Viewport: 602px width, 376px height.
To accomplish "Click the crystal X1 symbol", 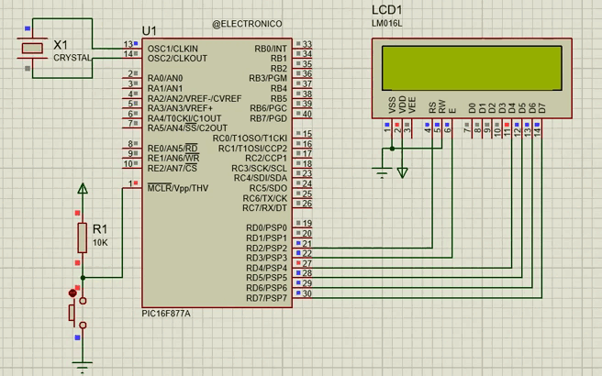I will click(x=33, y=49).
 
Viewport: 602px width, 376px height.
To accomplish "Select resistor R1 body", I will click(x=84, y=236).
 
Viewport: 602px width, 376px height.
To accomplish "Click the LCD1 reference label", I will click(x=387, y=10).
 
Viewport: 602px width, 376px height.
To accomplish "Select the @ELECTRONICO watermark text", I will click(x=247, y=23).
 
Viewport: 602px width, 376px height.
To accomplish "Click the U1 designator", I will click(x=150, y=31).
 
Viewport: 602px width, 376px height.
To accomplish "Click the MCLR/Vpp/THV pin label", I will click(x=178, y=188).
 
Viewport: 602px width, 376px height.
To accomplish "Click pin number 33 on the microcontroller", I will click(x=307, y=44).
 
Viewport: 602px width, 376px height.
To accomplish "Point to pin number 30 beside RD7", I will click(x=307, y=293).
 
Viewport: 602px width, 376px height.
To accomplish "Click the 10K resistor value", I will click(x=100, y=242).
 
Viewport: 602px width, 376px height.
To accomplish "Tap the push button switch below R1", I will click(x=76, y=311).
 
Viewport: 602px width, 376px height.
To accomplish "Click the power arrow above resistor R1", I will click(x=84, y=189).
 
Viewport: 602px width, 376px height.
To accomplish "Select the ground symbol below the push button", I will click(x=84, y=368).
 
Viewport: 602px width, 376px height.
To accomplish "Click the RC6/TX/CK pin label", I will click(x=265, y=198).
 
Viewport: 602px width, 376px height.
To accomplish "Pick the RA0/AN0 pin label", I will click(x=168, y=78).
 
